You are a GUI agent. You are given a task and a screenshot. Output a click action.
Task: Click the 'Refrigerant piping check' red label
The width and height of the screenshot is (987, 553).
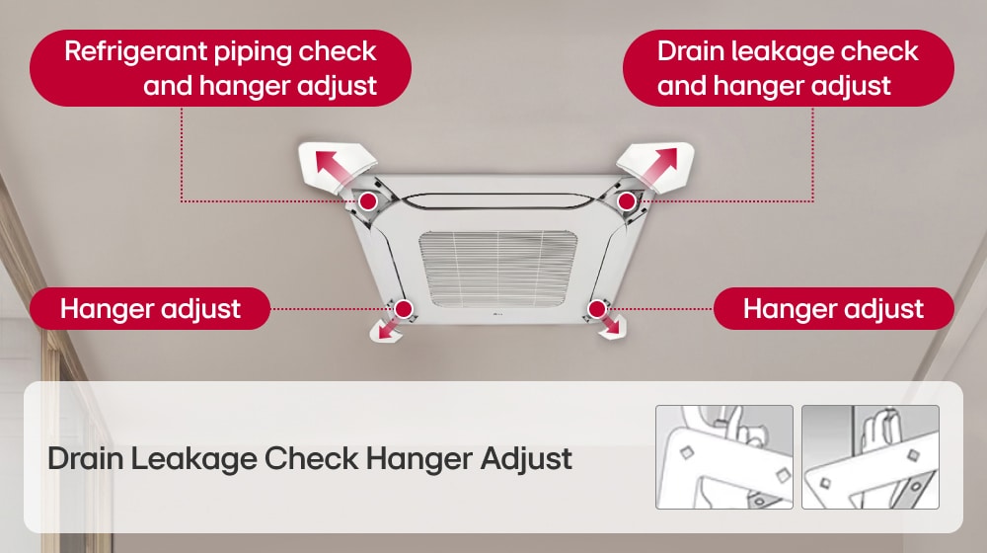coord(220,67)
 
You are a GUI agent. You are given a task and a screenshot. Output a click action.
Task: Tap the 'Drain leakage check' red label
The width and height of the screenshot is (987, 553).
coord(788,67)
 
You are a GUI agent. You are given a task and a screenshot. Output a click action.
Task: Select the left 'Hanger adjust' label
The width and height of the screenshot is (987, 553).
coord(150,308)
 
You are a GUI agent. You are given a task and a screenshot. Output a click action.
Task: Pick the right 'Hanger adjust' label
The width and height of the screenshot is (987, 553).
coord(833,308)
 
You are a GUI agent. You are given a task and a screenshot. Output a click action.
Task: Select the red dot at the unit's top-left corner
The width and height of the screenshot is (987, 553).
coord(367,201)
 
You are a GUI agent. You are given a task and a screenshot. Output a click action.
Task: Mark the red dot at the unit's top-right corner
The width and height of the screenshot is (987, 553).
coord(626,201)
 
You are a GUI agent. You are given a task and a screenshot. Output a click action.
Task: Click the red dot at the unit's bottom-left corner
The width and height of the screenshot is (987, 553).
coord(403,310)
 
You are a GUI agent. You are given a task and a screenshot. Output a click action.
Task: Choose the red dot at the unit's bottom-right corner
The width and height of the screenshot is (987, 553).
coord(595,309)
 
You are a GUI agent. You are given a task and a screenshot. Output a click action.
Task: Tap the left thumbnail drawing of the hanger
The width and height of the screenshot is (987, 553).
coord(723,456)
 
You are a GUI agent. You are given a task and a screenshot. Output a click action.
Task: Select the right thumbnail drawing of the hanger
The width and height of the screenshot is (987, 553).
coord(870,456)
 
